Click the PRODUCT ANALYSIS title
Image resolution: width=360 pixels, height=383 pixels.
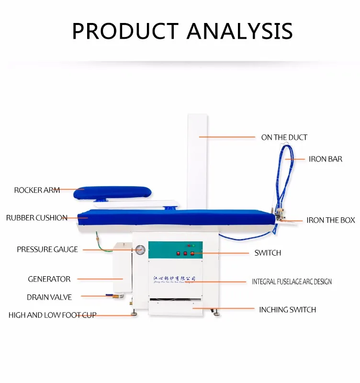tap(182, 30)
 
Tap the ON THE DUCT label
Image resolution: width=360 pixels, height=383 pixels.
tap(284, 137)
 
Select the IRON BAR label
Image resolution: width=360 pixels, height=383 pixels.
tap(325, 159)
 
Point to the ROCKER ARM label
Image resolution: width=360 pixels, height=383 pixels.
tap(37, 190)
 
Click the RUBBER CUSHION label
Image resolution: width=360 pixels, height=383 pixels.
tap(36, 218)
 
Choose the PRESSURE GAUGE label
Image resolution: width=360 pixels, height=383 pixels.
tap(47, 249)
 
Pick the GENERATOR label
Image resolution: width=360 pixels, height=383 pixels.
tap(49, 279)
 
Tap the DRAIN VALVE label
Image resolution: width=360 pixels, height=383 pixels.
tap(49, 297)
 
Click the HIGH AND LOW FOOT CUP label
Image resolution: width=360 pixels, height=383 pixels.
tap(52, 315)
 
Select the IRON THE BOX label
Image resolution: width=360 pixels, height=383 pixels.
tap(330, 220)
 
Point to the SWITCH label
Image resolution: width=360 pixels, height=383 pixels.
tap(268, 253)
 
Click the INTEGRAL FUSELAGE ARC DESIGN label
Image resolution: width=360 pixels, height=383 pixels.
tap(292, 282)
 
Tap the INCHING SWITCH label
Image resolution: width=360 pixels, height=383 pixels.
tap(287, 310)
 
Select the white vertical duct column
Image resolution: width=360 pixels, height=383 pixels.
tap(198, 158)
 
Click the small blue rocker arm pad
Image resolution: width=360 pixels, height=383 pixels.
tap(112, 192)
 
